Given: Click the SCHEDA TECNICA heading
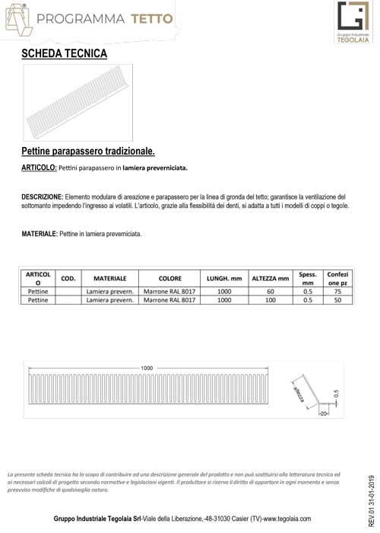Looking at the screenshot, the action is pyautogui.click(x=65, y=54).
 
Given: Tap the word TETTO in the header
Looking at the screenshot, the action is pyautogui.click(x=149, y=18).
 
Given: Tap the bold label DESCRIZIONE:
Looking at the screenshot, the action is pyautogui.click(x=42, y=196).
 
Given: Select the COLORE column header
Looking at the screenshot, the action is pyautogui.click(x=169, y=279).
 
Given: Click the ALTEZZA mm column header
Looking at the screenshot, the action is pyautogui.click(x=270, y=279).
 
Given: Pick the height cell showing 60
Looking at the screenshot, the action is pyautogui.click(x=270, y=291).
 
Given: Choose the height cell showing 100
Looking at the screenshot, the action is pyautogui.click(x=270, y=301).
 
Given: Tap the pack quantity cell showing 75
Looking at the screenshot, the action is pyautogui.click(x=337, y=291).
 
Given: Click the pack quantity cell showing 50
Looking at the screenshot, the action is pyautogui.click(x=337, y=301).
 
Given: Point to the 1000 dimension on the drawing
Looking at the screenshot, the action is pyautogui.click(x=147, y=367).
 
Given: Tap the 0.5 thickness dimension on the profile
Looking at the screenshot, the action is pyautogui.click(x=335, y=394).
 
